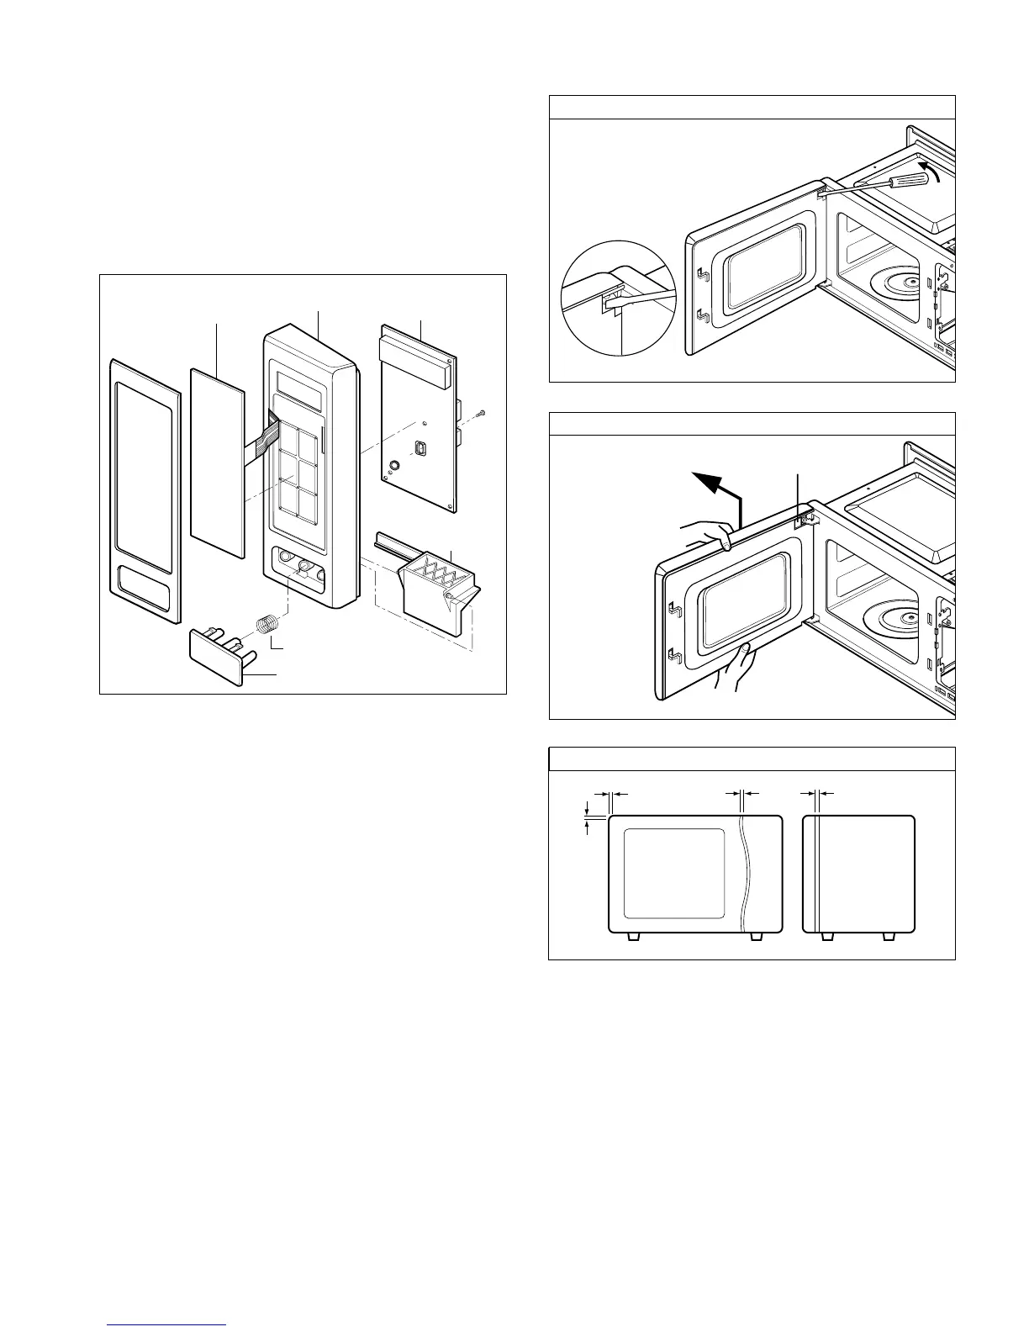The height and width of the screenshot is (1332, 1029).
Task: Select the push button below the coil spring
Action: (x=215, y=656)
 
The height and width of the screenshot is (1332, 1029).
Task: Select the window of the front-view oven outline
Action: (x=673, y=873)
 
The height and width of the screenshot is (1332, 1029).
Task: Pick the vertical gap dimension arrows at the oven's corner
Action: (x=588, y=816)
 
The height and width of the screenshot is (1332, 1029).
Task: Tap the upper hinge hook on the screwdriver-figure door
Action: (x=702, y=275)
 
